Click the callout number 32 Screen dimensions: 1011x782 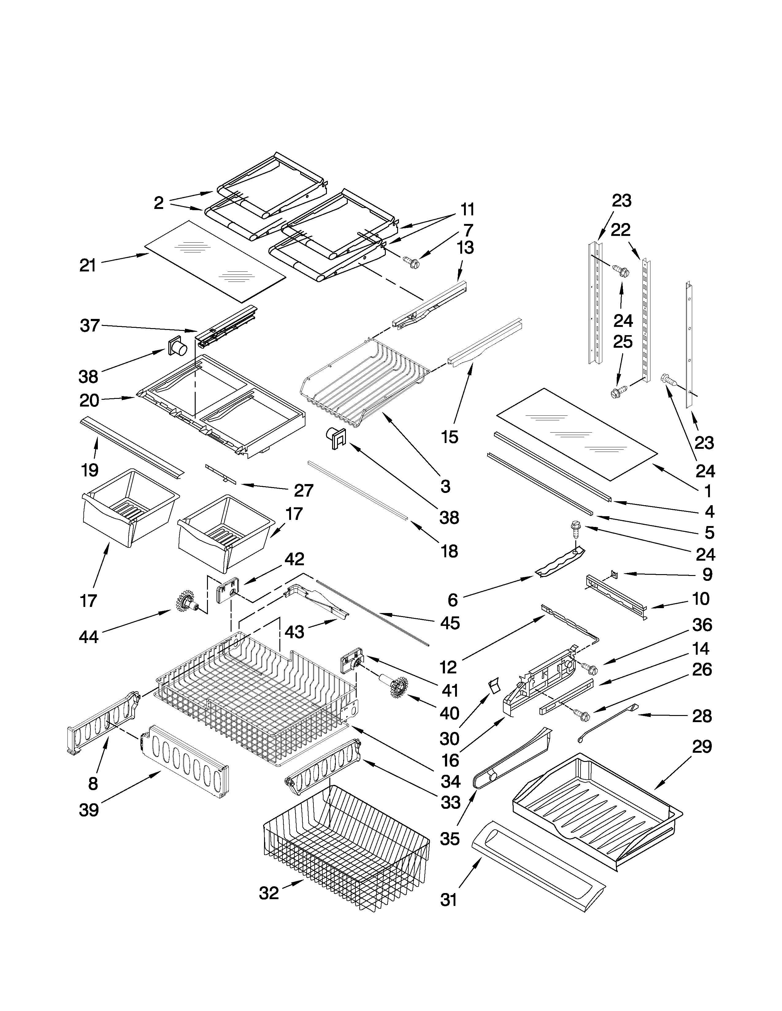coord(269,893)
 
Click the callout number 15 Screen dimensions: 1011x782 coord(449,437)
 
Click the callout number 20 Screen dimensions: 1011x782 coord(90,400)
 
